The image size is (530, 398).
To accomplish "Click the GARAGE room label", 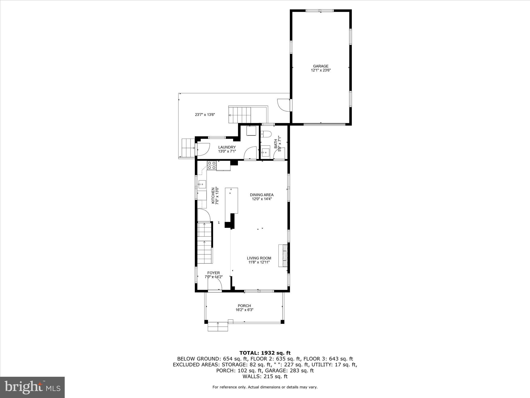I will tap(321, 66).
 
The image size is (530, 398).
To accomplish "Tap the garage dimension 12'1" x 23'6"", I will tap(321, 70).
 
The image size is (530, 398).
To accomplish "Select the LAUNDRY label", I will tap(227, 147).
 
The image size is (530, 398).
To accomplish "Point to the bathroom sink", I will tap(265, 153).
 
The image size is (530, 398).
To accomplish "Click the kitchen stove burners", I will tap(212, 165).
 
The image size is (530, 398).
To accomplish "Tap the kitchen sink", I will tap(202, 184).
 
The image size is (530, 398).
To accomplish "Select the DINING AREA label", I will tap(262, 195).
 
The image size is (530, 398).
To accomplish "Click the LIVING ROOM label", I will tap(259, 258).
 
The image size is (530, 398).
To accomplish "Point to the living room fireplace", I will tap(283, 255).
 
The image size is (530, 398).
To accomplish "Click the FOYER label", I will tap(214, 273).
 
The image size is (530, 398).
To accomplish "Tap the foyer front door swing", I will tap(215, 286).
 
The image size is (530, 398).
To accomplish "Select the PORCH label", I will tap(244, 306).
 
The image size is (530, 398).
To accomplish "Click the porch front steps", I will tap(218, 327).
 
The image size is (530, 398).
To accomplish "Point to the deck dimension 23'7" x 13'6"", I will tap(205, 115).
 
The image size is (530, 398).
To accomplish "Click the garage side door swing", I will tap(283, 105).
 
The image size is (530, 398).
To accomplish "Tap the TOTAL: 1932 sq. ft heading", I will tap(265, 353).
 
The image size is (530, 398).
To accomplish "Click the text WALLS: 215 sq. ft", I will tap(265, 376).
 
